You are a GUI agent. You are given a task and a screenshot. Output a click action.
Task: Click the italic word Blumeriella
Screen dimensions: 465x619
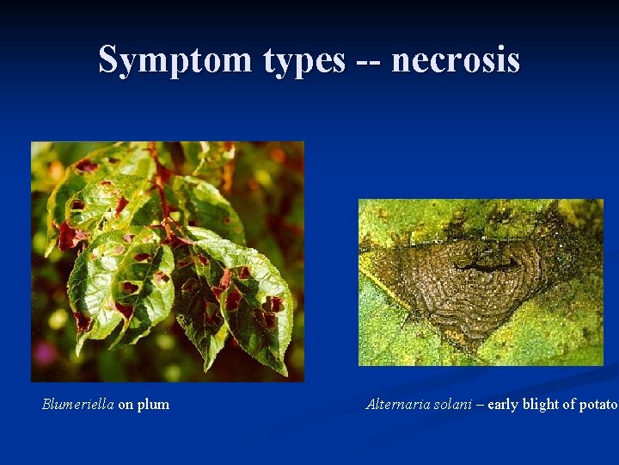[x=78, y=404]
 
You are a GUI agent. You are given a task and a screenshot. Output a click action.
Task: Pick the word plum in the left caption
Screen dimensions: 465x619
[x=153, y=405]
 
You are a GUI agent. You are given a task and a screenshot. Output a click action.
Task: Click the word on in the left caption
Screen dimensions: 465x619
[x=126, y=405]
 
